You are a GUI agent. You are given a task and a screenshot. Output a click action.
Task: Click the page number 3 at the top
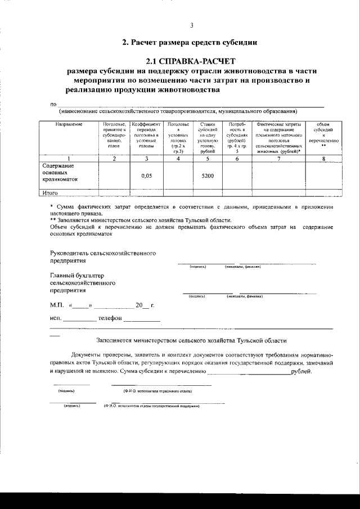click(x=192, y=25)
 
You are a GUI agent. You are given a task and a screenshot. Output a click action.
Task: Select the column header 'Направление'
click(x=69, y=124)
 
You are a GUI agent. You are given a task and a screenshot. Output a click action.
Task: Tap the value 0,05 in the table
click(x=146, y=175)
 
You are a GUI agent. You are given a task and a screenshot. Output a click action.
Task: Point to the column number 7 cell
click(x=278, y=159)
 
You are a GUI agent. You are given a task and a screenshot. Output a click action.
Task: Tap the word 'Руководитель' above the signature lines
click(x=71, y=253)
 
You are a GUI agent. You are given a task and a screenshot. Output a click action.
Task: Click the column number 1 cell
click(x=69, y=159)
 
